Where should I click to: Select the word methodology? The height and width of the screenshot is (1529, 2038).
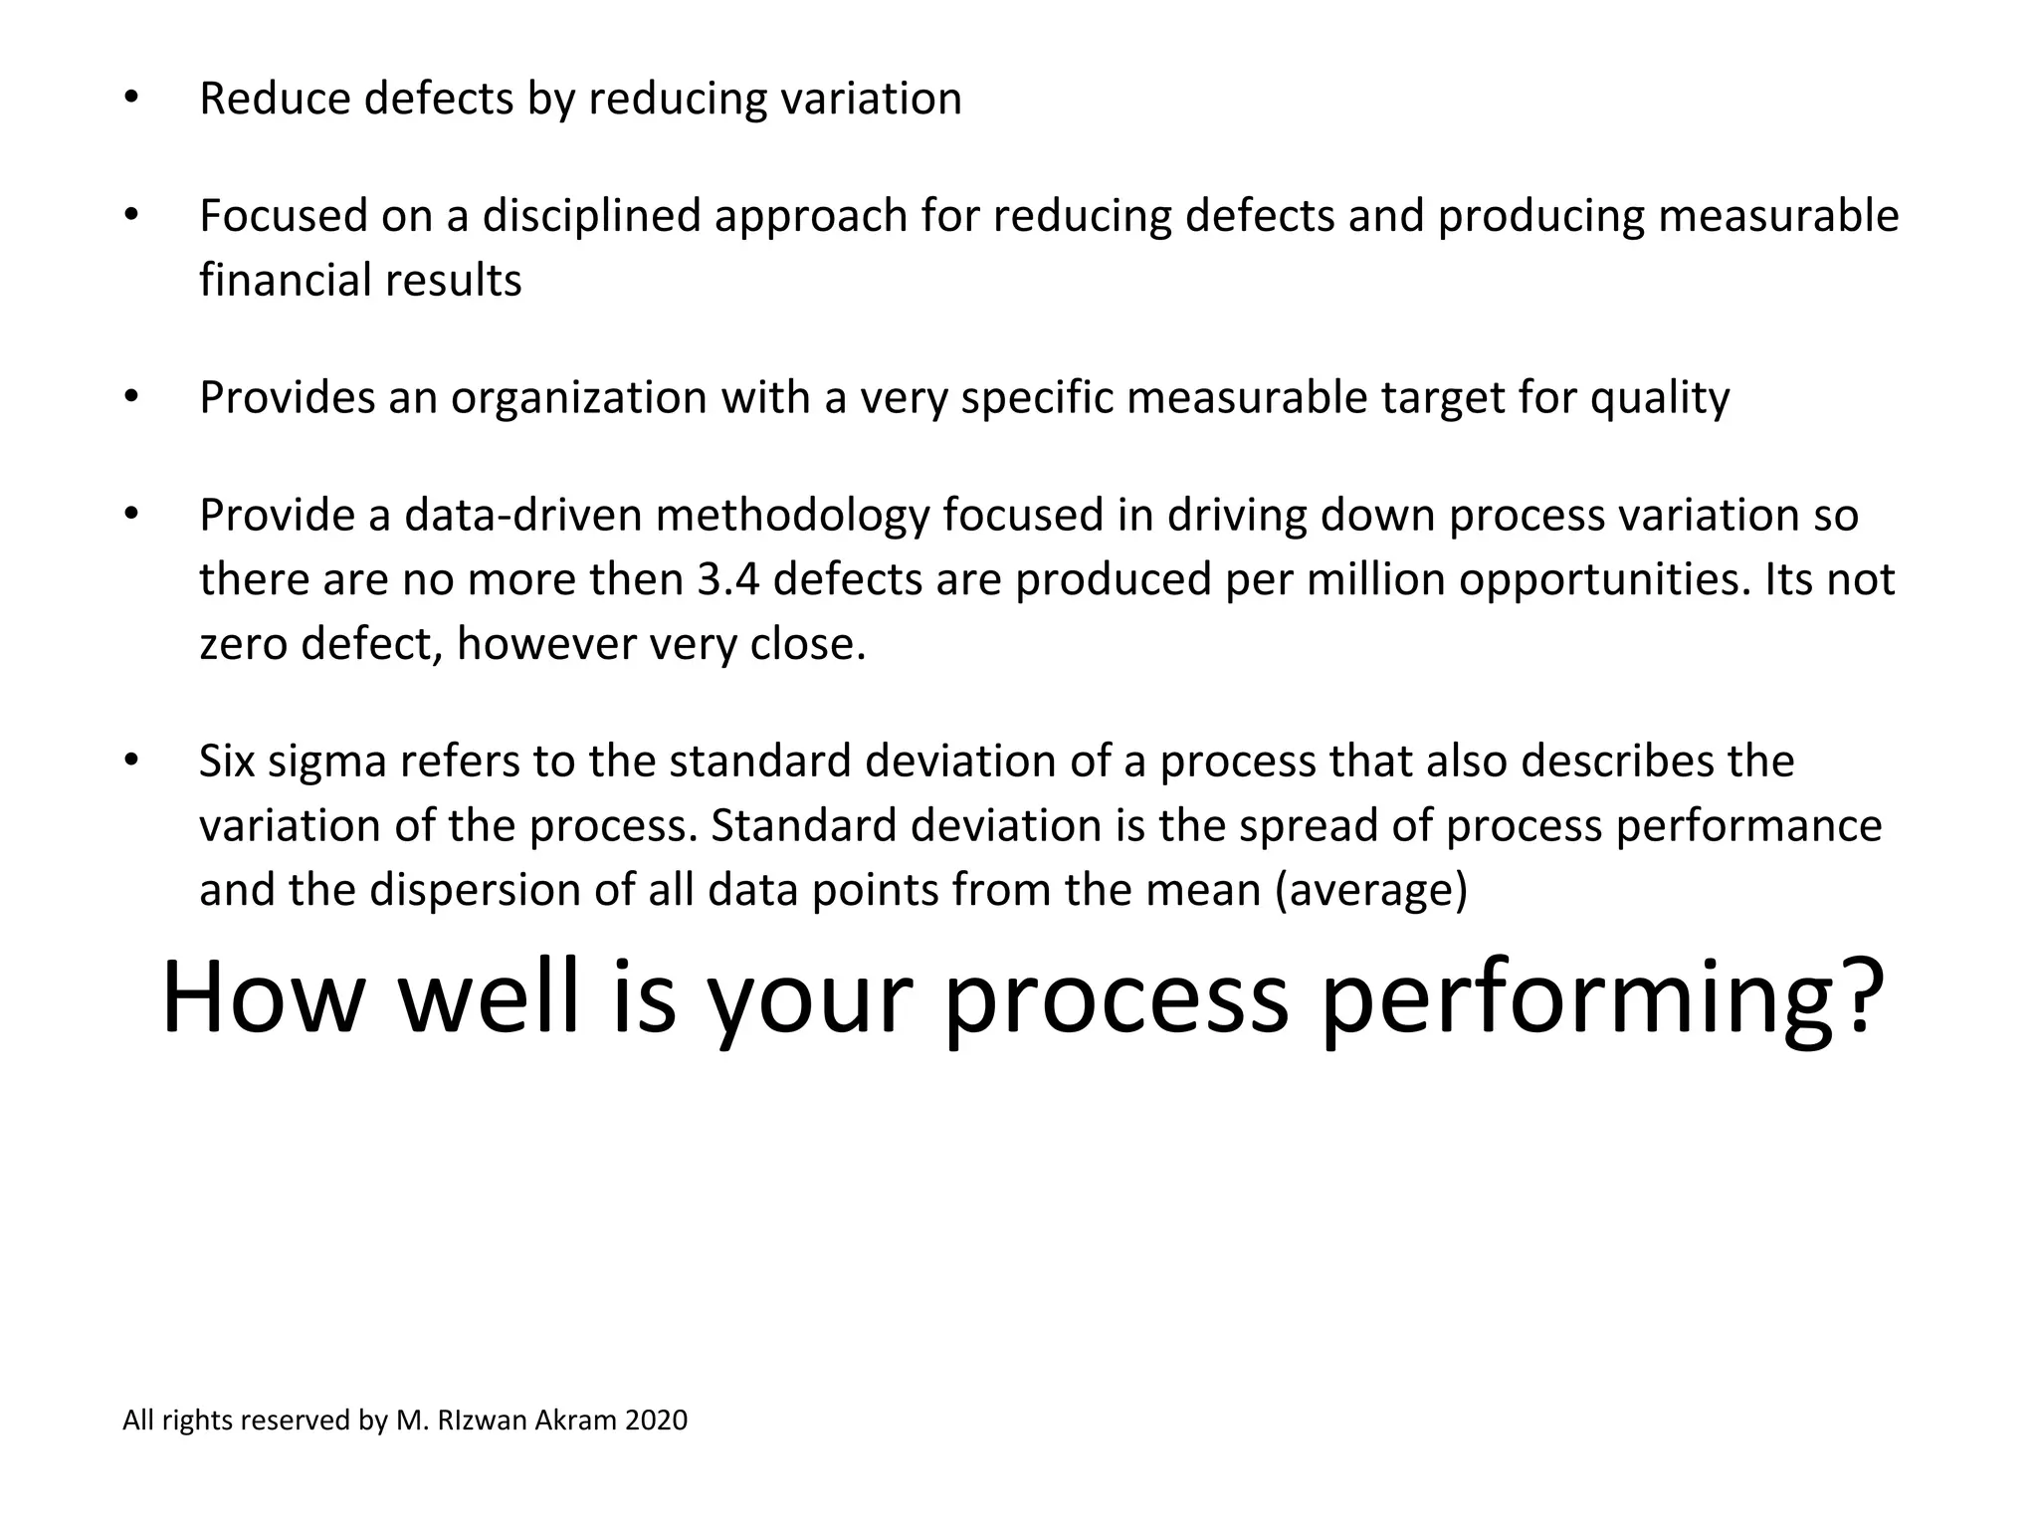click(792, 516)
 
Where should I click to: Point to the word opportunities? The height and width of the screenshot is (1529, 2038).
click(1602, 580)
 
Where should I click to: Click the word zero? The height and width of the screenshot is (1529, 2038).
click(244, 645)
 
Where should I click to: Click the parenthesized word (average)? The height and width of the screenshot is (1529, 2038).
click(1371, 890)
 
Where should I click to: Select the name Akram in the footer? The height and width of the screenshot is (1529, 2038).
click(575, 1420)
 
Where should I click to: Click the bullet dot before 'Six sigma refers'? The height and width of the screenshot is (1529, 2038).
click(130, 762)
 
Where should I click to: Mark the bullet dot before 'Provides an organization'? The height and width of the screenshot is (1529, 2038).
click(130, 398)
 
